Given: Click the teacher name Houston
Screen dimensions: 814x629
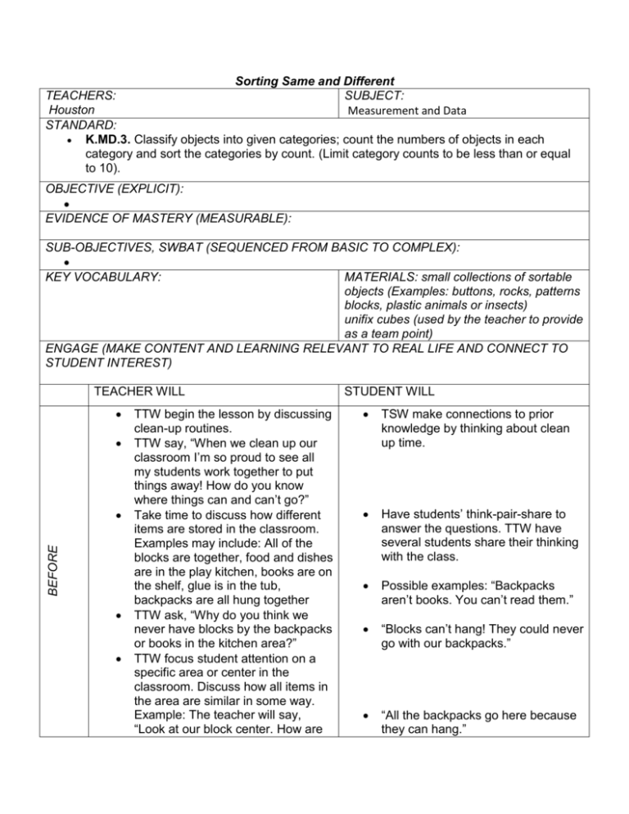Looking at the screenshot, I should click(x=70, y=109).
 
